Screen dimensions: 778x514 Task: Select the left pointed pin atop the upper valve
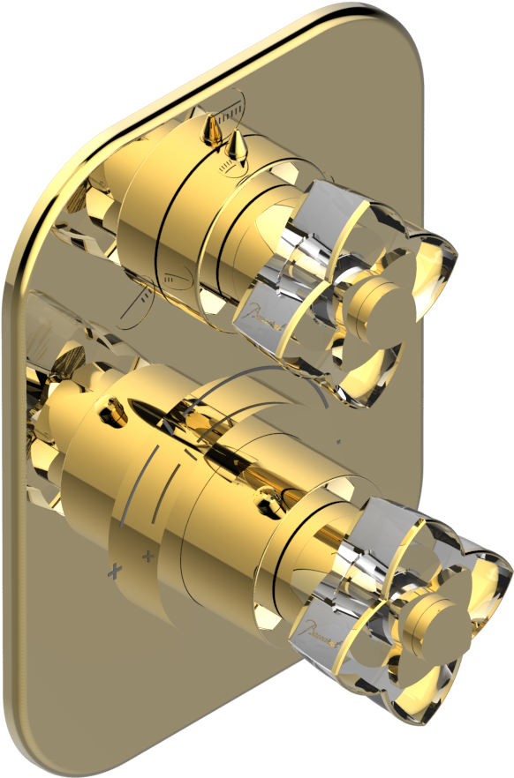tap(211, 132)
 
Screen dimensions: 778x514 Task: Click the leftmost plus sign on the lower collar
tap(113, 572)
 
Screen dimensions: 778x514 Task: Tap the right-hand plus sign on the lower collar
tap(147, 557)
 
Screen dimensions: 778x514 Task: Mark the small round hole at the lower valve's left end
tap(113, 408)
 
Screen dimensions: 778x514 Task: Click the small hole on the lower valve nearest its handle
tap(264, 507)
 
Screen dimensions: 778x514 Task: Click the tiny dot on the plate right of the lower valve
tap(339, 438)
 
